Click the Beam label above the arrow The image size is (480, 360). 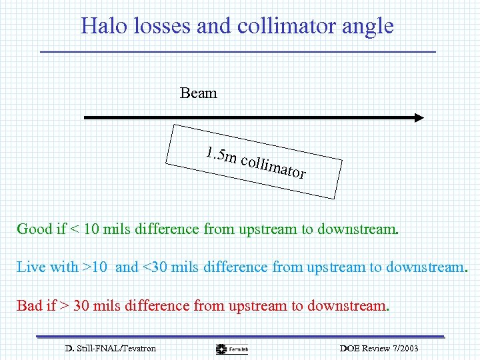coord(198,93)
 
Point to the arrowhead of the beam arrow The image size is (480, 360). coord(418,118)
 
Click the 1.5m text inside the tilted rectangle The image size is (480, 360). coord(221,155)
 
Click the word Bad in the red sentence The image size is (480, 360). coord(29,306)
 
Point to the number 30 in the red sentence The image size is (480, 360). coord(81,306)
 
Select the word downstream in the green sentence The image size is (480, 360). coord(358,229)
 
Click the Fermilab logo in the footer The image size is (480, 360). coord(233,349)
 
